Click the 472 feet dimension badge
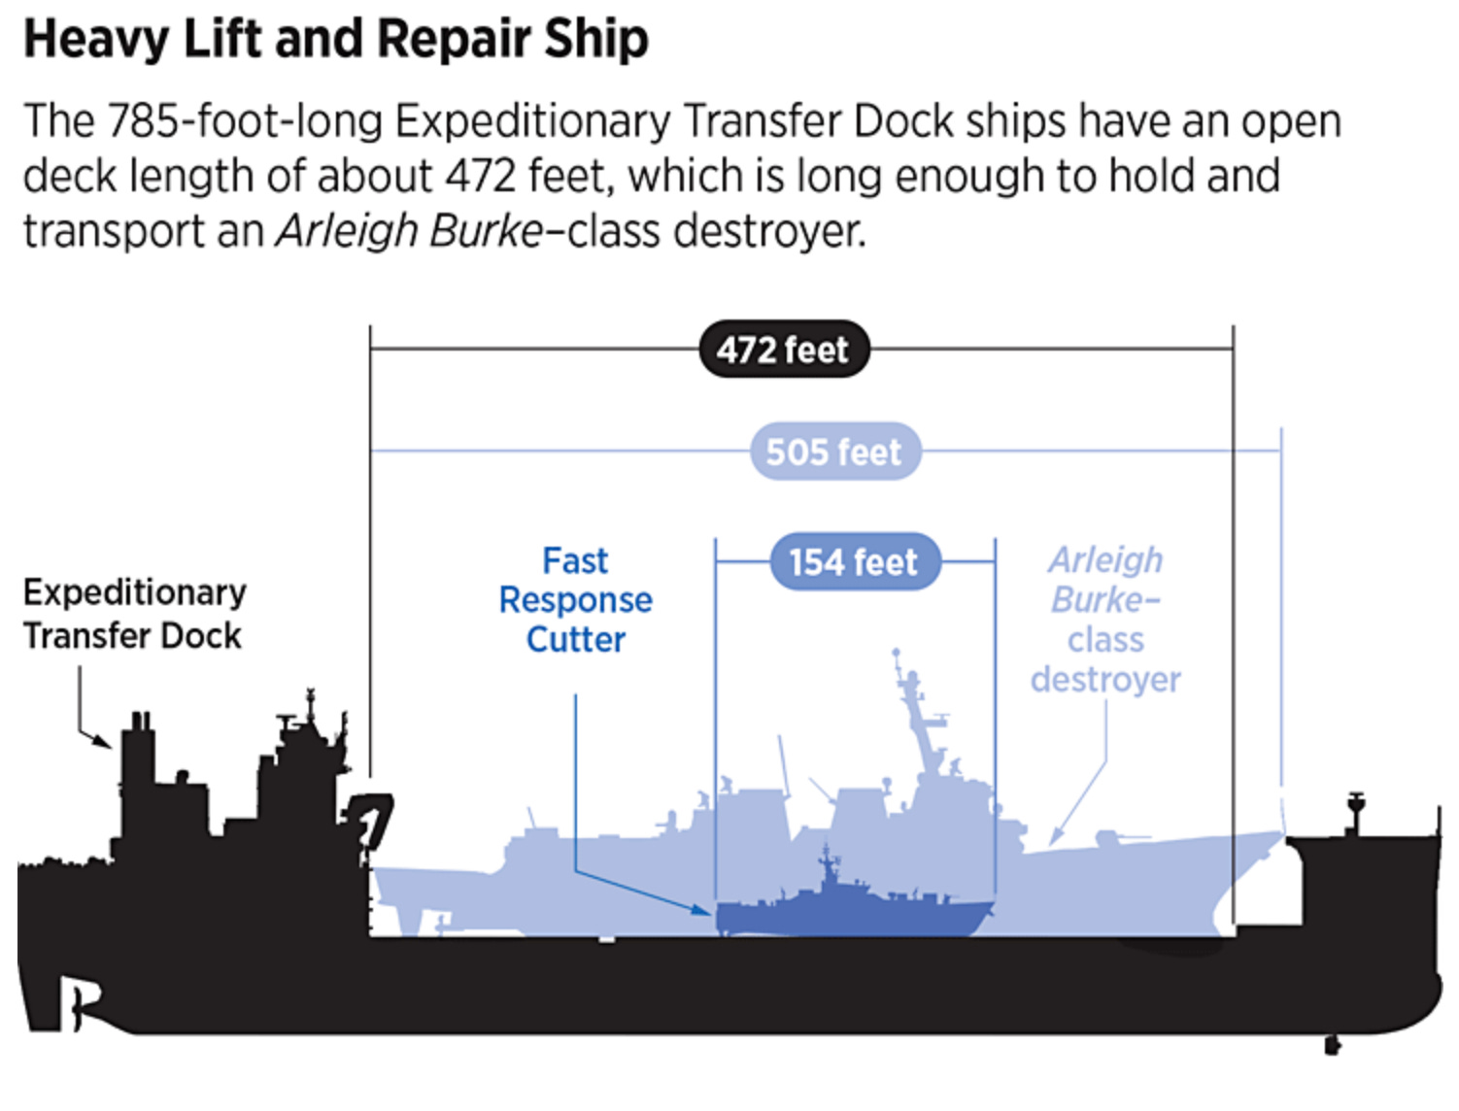tap(783, 350)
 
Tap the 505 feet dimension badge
tap(834, 452)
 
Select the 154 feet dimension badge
tap(854, 561)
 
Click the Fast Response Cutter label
tap(576, 600)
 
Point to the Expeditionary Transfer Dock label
tap(134, 614)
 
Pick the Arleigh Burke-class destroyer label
tap(1105, 620)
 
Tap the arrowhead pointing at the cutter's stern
tap(703, 910)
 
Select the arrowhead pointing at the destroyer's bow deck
tap(1056, 837)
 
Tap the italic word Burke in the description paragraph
tap(487, 231)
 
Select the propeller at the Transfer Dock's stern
tap(79, 1001)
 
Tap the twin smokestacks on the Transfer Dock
tap(141, 724)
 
